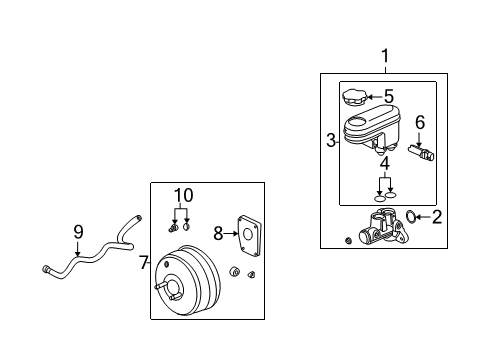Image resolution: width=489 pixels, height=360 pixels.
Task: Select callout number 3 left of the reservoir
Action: (x=330, y=141)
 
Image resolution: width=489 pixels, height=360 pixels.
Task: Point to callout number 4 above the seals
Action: (x=384, y=162)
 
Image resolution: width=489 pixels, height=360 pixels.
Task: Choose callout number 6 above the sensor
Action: (x=420, y=122)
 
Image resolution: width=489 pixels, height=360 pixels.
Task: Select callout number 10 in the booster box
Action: (x=180, y=194)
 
